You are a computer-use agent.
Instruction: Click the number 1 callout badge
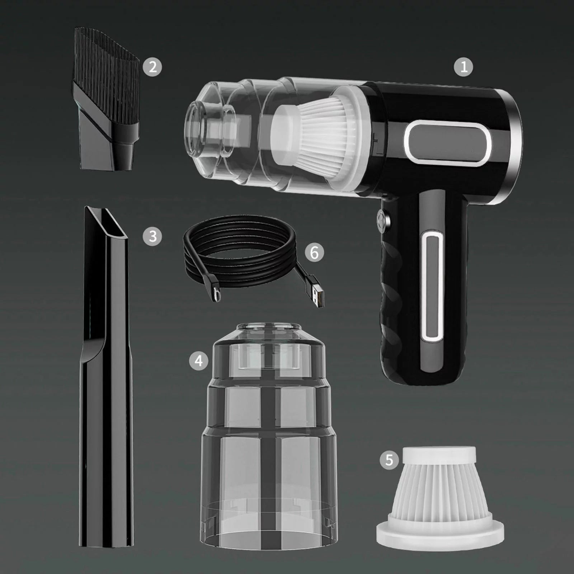464,67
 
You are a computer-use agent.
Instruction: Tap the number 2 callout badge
152,67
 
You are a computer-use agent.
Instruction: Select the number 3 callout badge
152,236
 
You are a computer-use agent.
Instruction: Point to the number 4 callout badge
198,361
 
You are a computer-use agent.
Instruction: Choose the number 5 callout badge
389,460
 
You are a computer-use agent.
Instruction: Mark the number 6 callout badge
314,252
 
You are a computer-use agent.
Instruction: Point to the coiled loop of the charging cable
240,248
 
